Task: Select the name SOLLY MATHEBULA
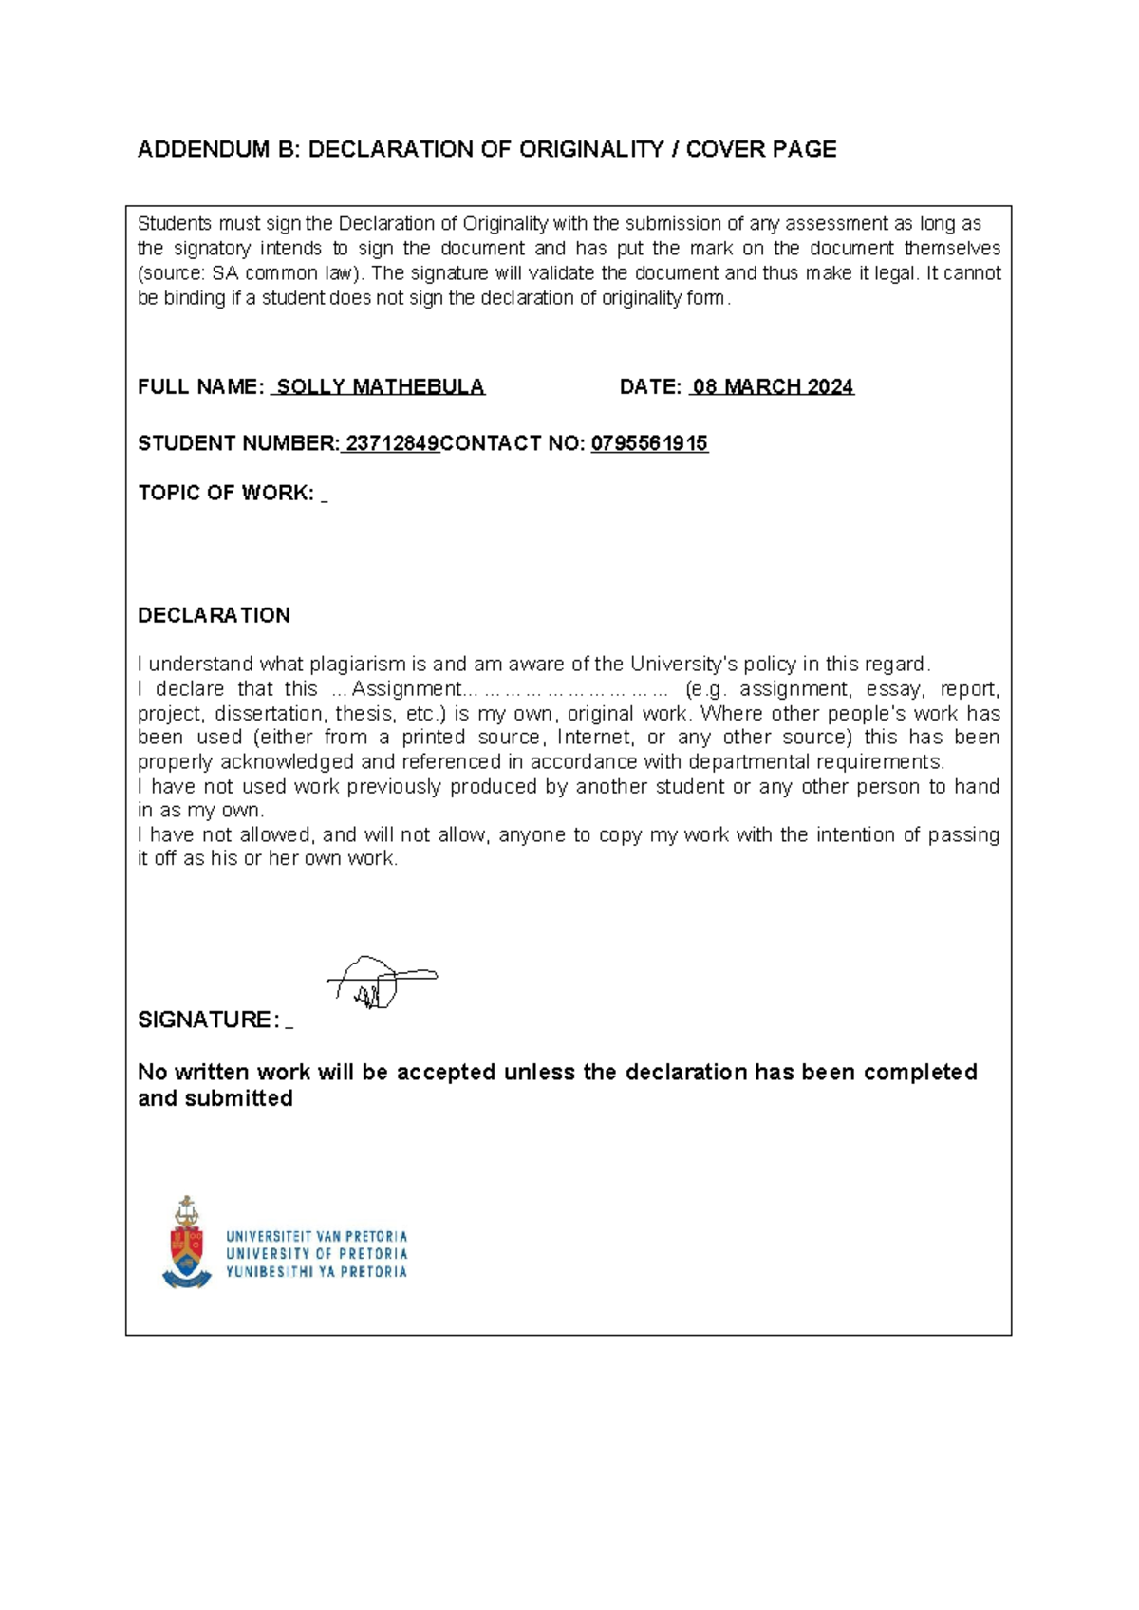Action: tap(380, 387)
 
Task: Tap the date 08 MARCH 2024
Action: tap(773, 387)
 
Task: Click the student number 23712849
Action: tap(392, 443)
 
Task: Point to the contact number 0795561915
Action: tap(649, 443)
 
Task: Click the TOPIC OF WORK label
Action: tap(226, 494)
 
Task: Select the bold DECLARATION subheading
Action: tap(214, 615)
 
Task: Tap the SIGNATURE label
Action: tap(209, 1020)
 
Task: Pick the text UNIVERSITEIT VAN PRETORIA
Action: tap(316, 1237)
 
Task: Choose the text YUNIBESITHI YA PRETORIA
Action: tap(316, 1272)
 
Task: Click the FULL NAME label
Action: tap(200, 387)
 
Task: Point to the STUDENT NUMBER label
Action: tap(237, 443)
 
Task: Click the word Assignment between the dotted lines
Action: tap(405, 689)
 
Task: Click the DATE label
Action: tap(650, 387)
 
